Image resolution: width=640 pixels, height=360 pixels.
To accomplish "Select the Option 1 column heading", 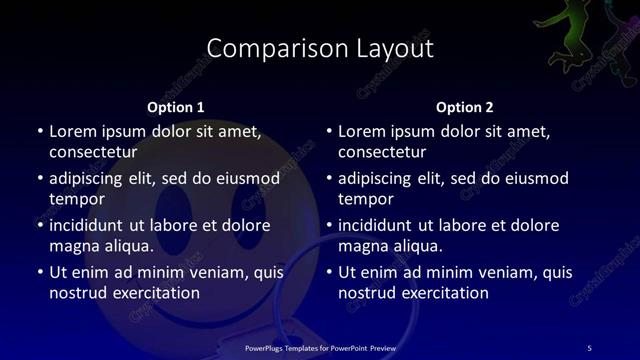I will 176,106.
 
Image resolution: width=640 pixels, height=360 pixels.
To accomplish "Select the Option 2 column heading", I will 465,106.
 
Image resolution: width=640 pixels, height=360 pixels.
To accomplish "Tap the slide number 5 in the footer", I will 589,347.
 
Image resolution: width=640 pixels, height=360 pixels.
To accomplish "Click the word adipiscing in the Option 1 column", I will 92,178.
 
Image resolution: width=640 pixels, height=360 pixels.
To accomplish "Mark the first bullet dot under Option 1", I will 39,132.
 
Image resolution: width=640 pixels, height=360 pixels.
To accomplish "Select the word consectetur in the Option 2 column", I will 382,152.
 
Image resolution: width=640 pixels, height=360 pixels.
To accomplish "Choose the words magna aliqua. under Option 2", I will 390,246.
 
